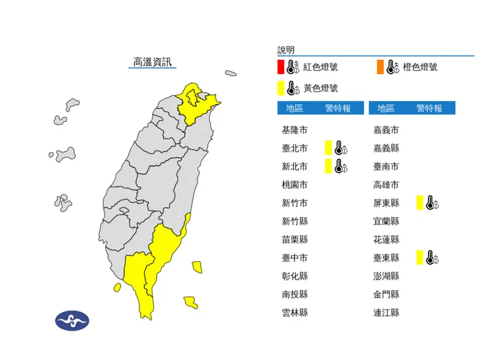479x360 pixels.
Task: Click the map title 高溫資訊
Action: tap(152, 62)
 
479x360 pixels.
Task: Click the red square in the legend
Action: tap(281, 66)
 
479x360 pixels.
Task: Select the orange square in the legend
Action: tap(381, 66)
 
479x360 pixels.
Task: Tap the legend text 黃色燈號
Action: tap(321, 88)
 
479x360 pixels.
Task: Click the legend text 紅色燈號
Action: tap(321, 66)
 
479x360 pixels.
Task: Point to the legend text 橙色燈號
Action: tap(420, 66)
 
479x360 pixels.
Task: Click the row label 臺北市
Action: tap(294, 149)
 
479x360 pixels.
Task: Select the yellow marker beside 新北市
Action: tap(328, 167)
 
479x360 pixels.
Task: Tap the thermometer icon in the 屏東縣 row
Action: tap(432, 204)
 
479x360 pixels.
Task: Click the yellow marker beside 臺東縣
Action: tap(420, 257)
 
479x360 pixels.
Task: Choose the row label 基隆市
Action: tap(294, 130)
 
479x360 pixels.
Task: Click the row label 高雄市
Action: tap(386, 185)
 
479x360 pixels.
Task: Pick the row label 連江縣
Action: tap(386, 313)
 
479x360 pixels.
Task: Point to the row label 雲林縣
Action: tap(294, 313)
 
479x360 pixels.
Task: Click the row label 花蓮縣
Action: tap(386, 239)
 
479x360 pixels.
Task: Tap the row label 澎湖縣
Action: tap(386, 276)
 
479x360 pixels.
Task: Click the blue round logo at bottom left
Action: tap(72, 320)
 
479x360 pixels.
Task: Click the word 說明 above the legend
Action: tap(286, 50)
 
